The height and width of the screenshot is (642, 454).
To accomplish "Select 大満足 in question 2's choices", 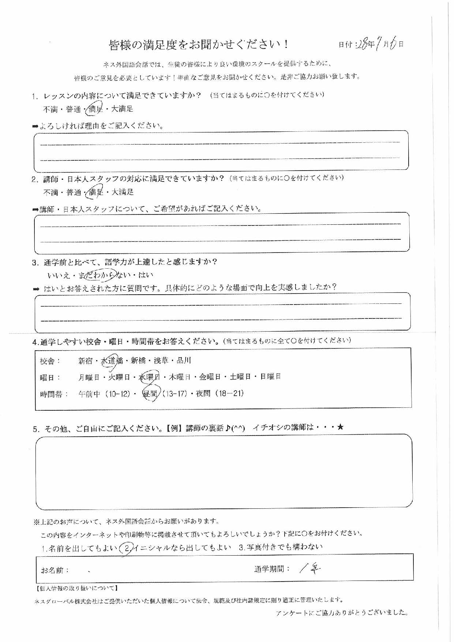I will (123, 192).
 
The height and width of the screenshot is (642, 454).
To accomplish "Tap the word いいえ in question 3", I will (58, 275).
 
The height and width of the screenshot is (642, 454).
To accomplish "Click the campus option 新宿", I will (86, 361).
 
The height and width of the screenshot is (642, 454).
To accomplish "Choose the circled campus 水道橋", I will (112, 361).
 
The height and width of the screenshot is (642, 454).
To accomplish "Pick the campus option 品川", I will (184, 361).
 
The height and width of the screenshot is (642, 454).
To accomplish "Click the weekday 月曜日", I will (89, 377).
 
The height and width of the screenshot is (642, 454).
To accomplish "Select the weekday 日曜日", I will (270, 377).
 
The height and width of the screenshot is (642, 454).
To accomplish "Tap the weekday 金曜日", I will (210, 377).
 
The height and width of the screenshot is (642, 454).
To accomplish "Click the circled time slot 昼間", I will (150, 394).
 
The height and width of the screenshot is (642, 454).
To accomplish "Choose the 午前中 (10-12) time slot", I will (104, 394).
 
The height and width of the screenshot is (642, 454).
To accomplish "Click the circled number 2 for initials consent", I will (125, 548).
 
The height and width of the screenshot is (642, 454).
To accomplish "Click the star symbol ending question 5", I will (340, 427).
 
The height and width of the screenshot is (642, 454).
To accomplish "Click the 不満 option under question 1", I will (50, 109).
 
